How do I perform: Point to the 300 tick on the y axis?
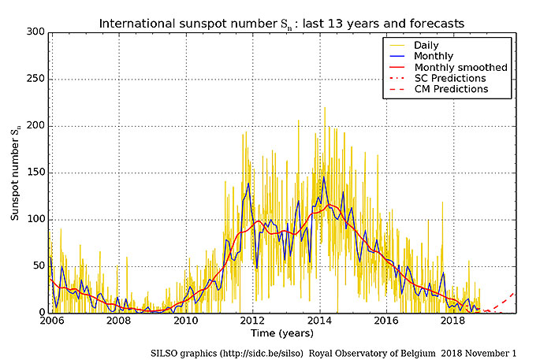(36, 32)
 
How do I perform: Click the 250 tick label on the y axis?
(36, 79)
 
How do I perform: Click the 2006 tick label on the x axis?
(51, 321)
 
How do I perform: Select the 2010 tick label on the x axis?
(185, 321)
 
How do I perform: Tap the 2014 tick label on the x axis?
(319, 321)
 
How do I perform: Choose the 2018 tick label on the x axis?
(453, 321)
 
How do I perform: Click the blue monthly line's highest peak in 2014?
(323, 176)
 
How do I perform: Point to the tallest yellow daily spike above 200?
(324, 108)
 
